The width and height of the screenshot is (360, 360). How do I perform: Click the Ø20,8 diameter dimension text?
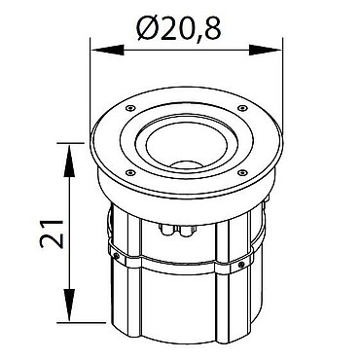[179, 28]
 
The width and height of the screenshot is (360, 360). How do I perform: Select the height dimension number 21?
[51, 234]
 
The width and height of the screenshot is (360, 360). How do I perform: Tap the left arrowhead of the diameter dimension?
[108, 51]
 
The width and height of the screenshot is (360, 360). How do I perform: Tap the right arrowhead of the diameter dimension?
[265, 51]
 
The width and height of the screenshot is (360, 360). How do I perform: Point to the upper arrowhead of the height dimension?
[69, 161]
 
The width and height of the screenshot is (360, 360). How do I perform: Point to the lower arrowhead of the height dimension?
[69, 306]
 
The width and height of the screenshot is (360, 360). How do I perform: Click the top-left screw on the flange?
[130, 107]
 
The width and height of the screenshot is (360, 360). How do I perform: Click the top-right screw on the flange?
[241, 107]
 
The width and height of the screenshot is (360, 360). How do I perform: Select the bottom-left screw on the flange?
[130, 172]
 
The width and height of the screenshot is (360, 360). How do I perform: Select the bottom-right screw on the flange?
[241, 172]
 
